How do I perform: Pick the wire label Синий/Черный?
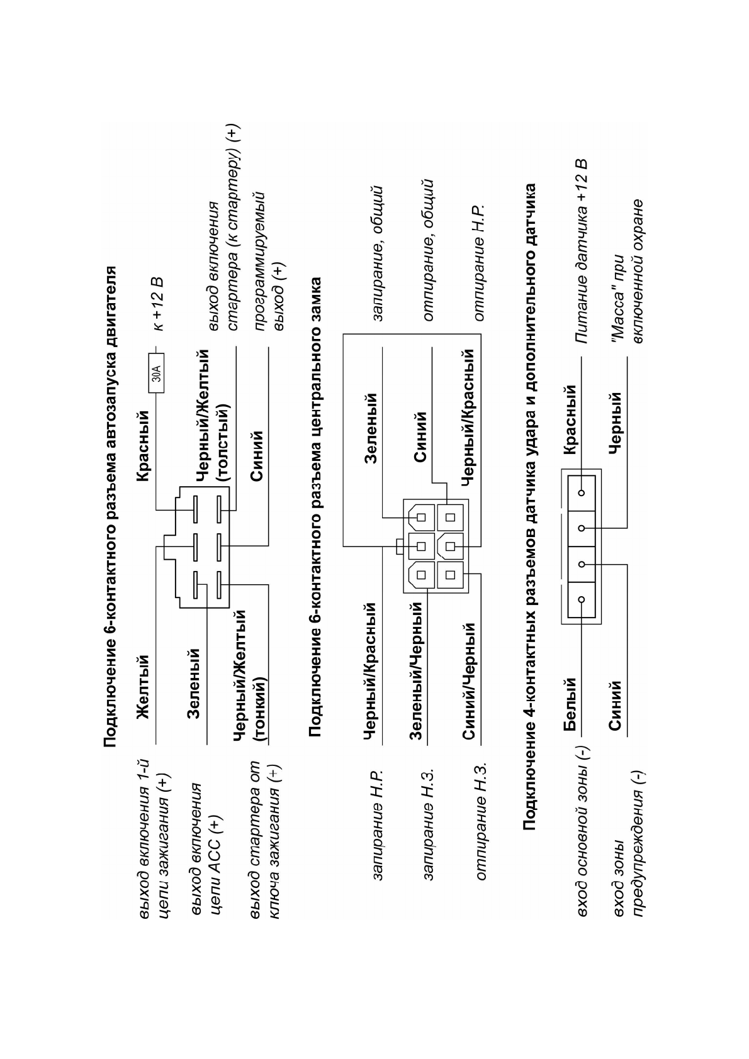468,682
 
